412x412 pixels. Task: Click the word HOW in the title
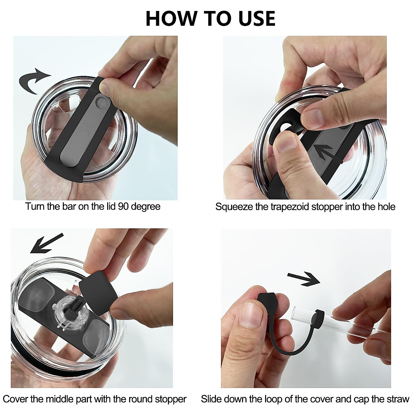point(171,19)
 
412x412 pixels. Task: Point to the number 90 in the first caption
point(123,207)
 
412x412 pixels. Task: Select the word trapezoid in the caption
point(290,207)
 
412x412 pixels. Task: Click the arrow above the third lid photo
point(47,243)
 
